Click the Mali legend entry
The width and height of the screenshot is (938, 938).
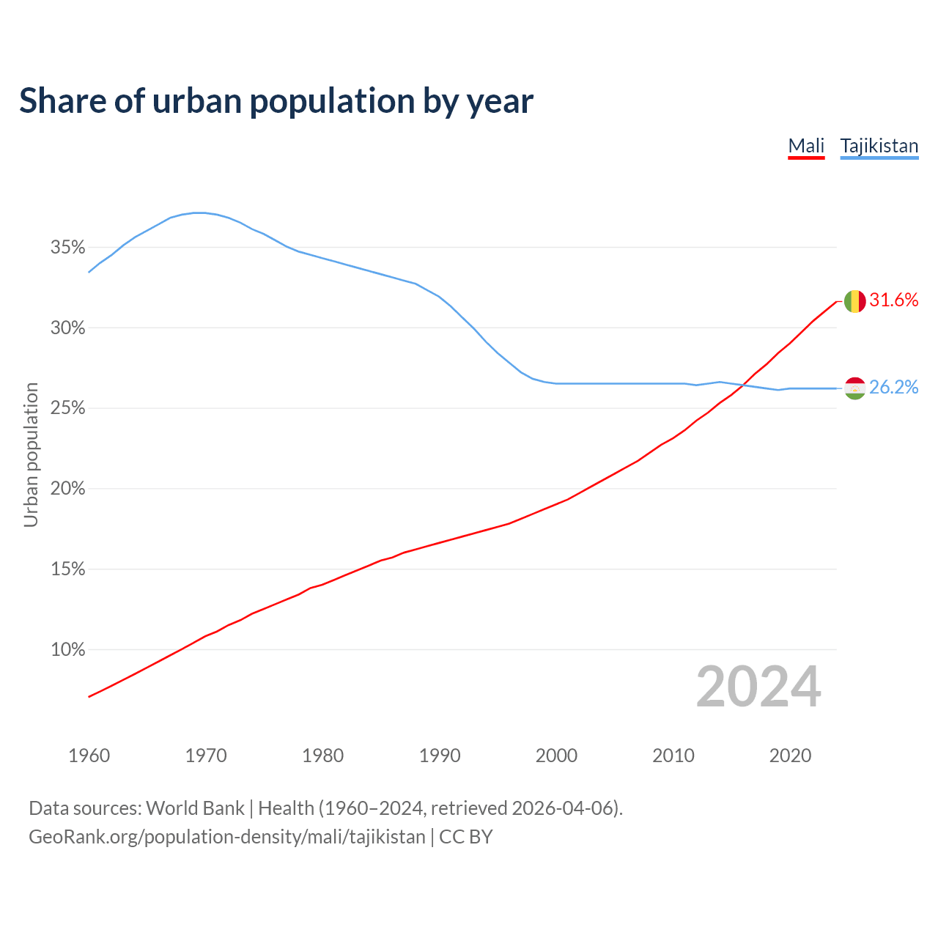(x=806, y=146)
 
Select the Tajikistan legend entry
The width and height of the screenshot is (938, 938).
(x=879, y=146)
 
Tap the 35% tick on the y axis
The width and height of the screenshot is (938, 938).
(x=68, y=248)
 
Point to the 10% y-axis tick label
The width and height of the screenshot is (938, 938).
(x=68, y=650)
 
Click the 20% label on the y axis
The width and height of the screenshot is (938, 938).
(x=68, y=489)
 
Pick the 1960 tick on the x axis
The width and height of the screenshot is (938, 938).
(x=89, y=756)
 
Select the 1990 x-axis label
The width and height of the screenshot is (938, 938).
(x=440, y=756)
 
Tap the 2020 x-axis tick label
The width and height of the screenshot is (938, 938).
(x=790, y=756)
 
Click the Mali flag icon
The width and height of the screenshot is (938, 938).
(x=854, y=301)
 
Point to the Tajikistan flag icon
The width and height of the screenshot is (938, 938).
(x=854, y=388)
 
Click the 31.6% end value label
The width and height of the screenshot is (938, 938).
(x=894, y=300)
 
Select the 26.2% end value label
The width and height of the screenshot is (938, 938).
(x=894, y=388)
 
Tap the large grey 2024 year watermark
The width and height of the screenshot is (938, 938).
(x=758, y=687)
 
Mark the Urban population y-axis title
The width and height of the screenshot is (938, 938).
(x=31, y=454)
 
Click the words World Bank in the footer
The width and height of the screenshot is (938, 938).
(x=195, y=808)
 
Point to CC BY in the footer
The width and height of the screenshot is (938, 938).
(x=466, y=837)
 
